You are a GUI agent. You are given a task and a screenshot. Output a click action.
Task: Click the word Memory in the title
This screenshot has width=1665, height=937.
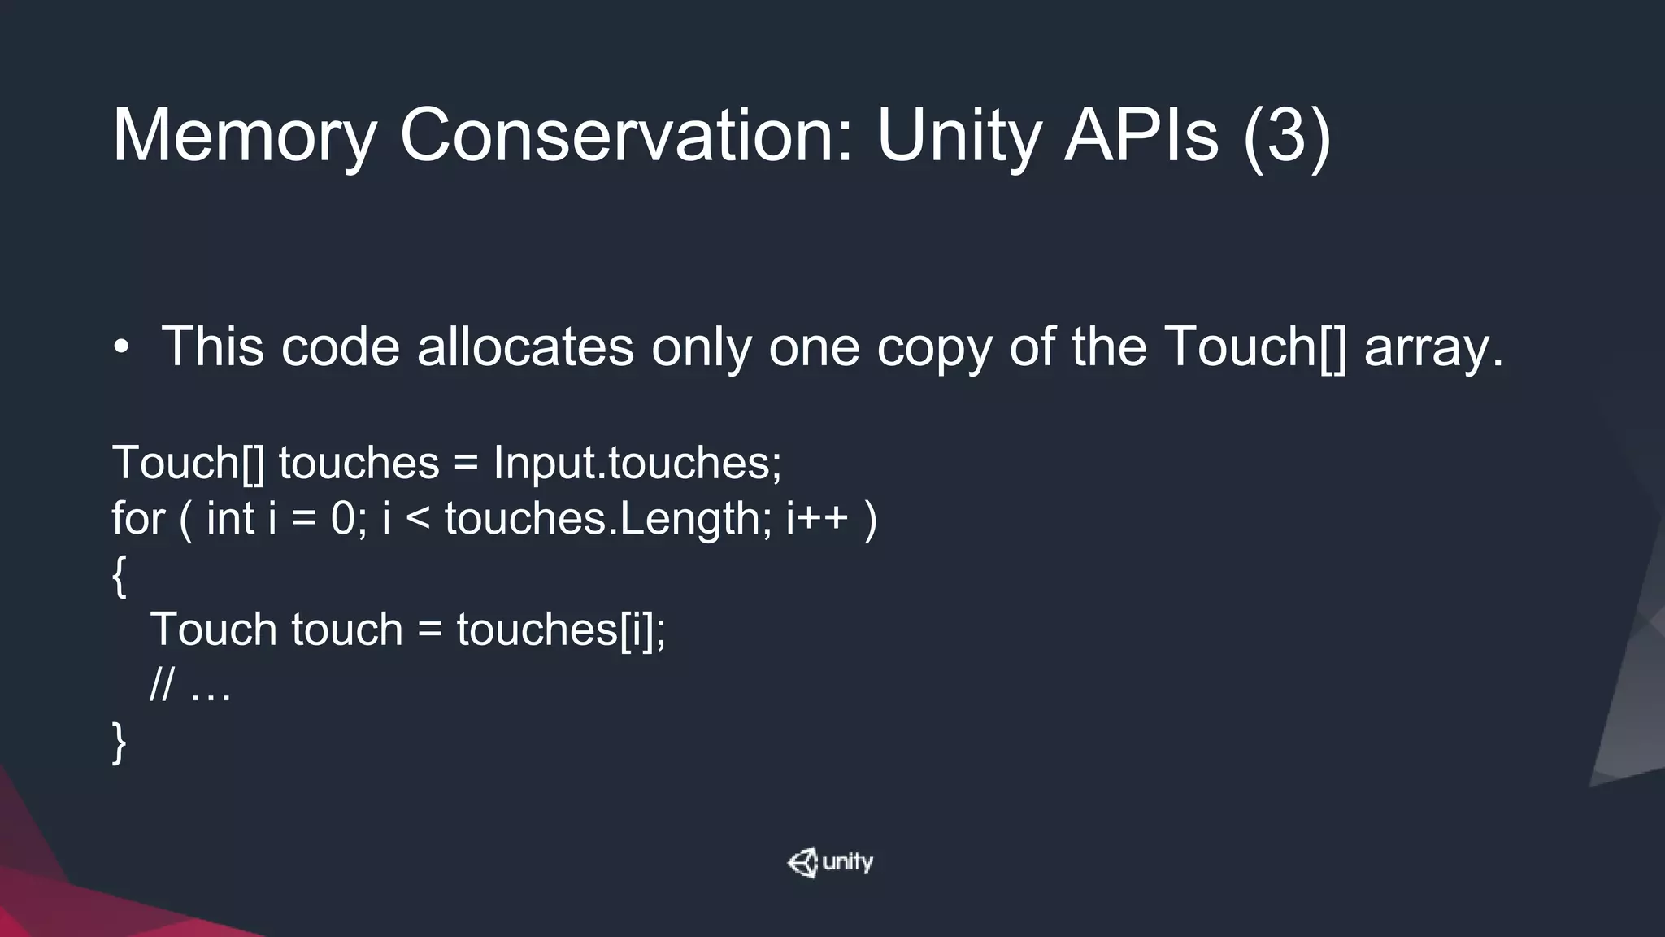pos(243,137)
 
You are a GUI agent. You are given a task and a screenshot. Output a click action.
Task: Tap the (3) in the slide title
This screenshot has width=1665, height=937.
pos(1287,137)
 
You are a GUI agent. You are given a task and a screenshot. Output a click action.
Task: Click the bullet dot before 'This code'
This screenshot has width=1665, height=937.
pos(121,348)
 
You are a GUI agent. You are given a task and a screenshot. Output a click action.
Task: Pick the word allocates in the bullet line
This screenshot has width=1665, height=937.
pos(525,346)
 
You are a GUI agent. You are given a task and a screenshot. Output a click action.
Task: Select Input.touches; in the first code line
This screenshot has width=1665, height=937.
pos(637,463)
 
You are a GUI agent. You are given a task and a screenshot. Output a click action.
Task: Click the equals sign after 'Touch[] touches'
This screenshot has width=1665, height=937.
pos(465,464)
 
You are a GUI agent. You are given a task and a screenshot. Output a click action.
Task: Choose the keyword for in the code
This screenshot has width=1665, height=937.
pos(138,518)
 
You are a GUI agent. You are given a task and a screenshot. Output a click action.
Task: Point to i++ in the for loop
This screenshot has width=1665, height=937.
pos(817,519)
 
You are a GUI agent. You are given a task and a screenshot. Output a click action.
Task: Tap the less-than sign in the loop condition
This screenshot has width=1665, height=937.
pos(417,520)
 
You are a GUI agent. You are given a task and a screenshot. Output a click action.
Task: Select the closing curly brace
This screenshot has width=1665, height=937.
pos(119,743)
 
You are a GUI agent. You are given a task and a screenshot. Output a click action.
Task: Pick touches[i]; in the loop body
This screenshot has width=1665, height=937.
pos(561,630)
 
